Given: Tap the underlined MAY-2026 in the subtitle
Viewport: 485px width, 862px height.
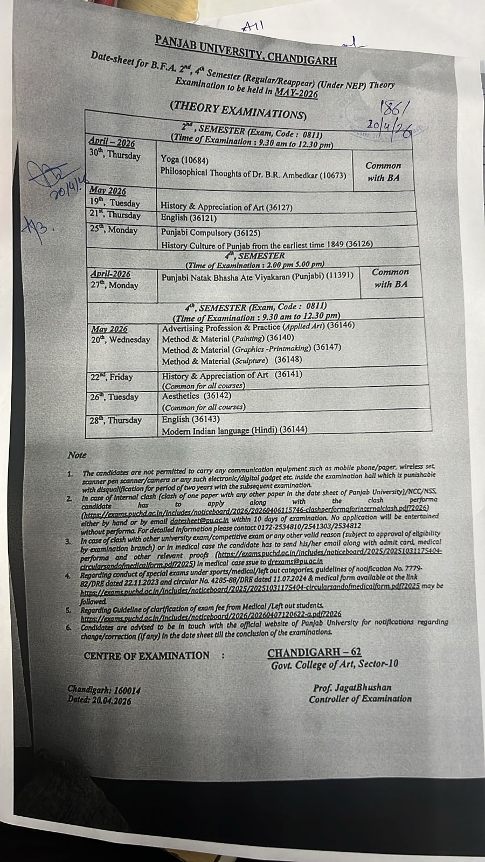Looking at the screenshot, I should click(296, 93).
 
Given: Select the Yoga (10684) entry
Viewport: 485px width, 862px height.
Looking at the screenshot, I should click(184, 160).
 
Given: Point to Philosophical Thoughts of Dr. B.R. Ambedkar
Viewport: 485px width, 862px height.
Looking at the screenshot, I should click(253, 175).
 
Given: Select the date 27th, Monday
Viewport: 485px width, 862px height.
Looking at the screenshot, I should click(114, 286).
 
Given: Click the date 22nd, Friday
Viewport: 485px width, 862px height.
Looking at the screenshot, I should click(112, 377).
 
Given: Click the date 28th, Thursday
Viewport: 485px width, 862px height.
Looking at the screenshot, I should click(116, 420).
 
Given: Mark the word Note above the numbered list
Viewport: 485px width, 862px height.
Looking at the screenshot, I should click(77, 455).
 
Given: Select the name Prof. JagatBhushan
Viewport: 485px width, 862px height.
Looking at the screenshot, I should click(352, 687).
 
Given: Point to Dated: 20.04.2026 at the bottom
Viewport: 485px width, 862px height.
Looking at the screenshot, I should click(99, 701).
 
